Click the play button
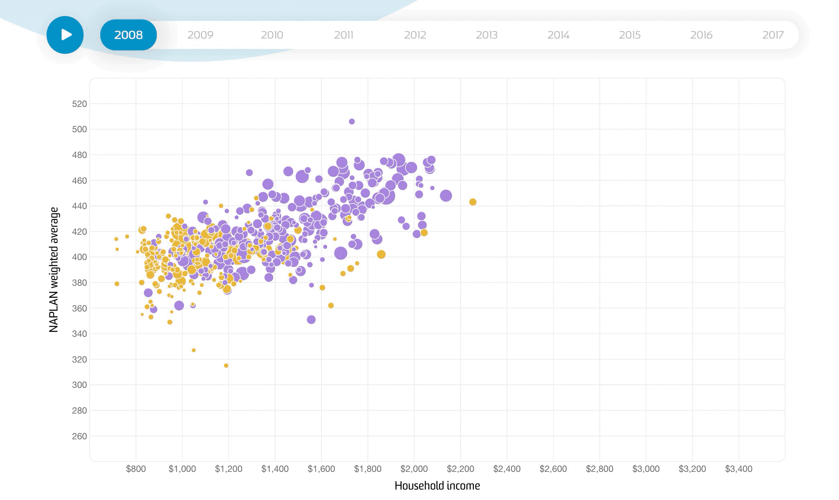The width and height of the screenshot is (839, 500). coord(65,35)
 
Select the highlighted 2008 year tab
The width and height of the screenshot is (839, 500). coord(128,35)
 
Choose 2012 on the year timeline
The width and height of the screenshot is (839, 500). coord(415,35)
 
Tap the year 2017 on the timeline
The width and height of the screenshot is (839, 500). coord(773,35)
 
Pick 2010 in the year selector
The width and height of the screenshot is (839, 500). coord(272,35)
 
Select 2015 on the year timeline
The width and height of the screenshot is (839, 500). coord(630,35)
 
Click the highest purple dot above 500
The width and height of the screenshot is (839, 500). coord(352,121)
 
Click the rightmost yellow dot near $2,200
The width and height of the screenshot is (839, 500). coord(473,202)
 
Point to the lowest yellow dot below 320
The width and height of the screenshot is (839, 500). coord(226,365)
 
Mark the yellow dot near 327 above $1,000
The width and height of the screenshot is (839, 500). coord(194,350)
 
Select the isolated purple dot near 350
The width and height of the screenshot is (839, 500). coord(311,320)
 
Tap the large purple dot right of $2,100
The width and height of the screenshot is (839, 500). coord(446,196)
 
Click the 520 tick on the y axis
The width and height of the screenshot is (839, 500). coord(79,104)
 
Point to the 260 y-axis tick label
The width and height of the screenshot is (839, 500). coord(79,436)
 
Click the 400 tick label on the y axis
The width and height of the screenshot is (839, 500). coord(79,257)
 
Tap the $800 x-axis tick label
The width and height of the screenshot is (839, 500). coord(136,469)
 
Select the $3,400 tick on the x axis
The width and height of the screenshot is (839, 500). coord(739,469)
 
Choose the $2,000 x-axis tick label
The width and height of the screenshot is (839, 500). coord(414,469)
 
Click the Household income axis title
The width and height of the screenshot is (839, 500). coord(437,486)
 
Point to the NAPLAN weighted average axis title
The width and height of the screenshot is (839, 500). coord(54,269)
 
